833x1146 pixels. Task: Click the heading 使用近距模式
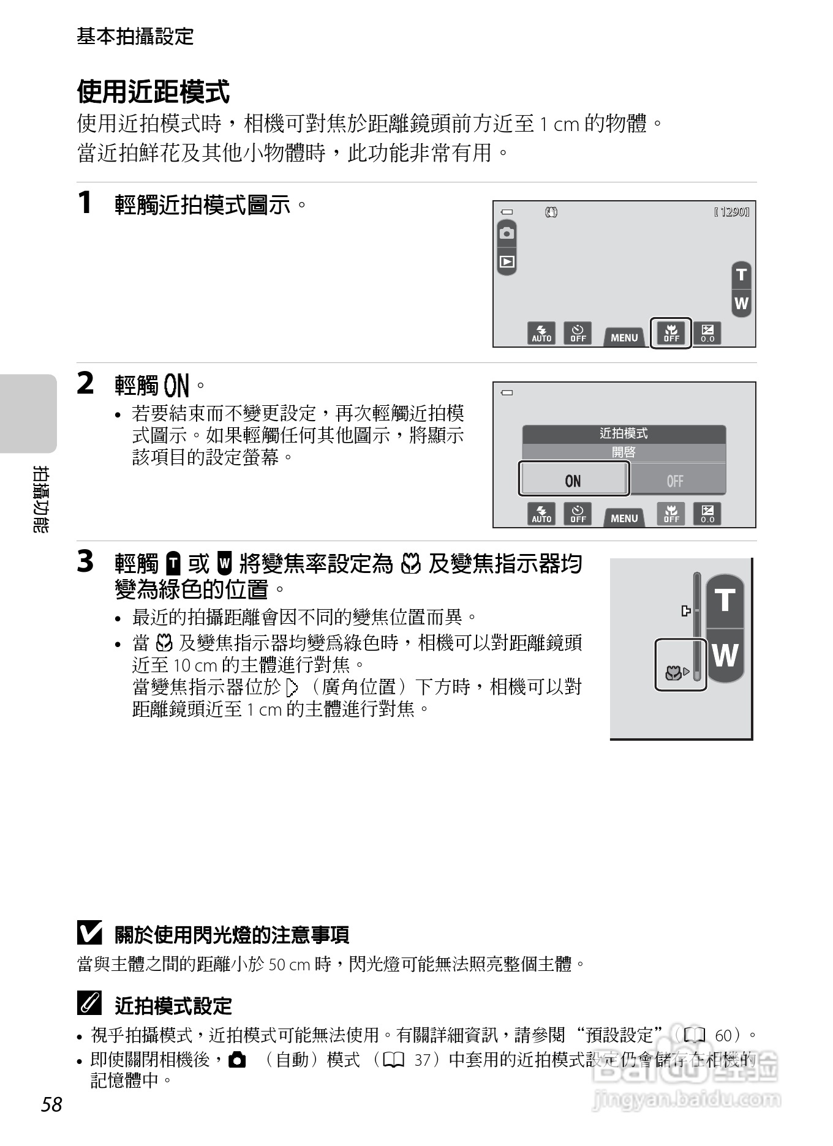pos(153,92)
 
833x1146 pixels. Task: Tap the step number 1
pos(85,203)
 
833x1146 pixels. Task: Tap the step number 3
pos(85,561)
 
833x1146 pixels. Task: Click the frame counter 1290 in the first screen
pos(732,212)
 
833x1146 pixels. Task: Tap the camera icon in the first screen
pos(507,233)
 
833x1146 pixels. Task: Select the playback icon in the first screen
pos(507,262)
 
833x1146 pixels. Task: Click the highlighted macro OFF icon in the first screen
pos(671,333)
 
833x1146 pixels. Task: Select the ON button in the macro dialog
pos(573,481)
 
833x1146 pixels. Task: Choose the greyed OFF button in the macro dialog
pos(675,481)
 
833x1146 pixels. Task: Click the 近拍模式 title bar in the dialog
pos(624,433)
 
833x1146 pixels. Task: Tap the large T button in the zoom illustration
pos(725,601)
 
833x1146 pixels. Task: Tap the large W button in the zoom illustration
pos(725,656)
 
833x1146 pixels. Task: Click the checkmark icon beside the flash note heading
pos(89,933)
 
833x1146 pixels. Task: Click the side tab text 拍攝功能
pos(41,499)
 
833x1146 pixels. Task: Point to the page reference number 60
pos(723,1035)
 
